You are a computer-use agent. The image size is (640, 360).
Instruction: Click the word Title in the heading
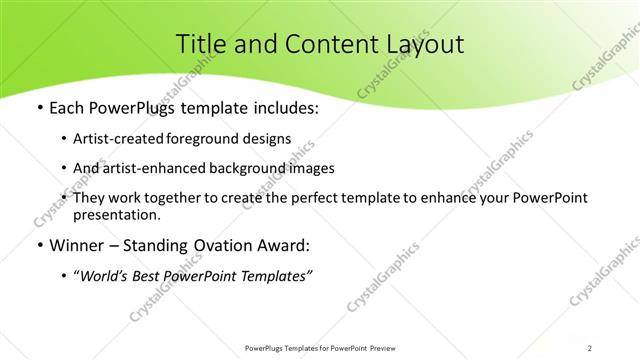coord(200,44)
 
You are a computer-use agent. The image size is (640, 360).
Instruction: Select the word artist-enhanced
coord(170,169)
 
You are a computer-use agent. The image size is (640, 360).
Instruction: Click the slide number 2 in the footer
coord(591,348)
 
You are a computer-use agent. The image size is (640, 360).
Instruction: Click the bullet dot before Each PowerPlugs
coord(39,108)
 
